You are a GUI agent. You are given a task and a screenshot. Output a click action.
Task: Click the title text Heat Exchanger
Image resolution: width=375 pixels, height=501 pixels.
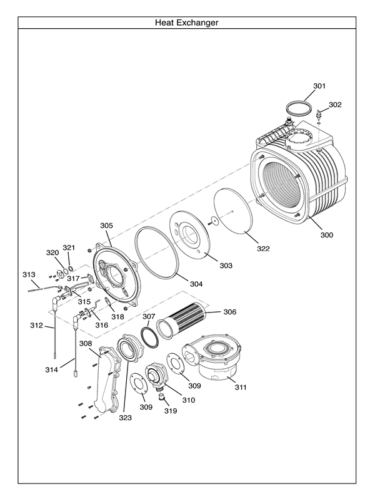[x=187, y=23]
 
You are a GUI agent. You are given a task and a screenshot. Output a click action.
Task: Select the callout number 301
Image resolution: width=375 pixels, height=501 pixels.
[x=319, y=85]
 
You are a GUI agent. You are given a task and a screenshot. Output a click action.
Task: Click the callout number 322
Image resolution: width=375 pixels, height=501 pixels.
[x=263, y=249]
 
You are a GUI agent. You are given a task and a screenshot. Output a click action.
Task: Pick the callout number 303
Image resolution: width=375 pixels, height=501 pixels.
[x=226, y=266]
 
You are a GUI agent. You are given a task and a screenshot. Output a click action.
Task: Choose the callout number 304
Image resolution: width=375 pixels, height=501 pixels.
[x=196, y=284]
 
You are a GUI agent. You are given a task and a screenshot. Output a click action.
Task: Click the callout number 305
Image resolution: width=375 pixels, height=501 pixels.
[x=107, y=225]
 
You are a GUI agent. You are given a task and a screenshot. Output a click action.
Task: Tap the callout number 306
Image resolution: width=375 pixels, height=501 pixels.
[x=230, y=312]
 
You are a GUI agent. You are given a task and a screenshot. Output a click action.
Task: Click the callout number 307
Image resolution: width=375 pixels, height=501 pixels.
[x=148, y=316]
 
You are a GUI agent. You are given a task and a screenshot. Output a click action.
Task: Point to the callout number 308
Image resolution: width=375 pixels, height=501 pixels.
[x=86, y=343]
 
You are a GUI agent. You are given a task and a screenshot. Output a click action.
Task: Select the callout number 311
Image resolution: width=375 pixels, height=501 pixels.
[x=241, y=387]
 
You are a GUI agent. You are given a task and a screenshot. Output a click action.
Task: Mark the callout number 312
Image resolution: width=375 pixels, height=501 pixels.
[x=36, y=325]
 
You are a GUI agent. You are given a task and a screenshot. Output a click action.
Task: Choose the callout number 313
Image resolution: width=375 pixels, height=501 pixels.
[x=29, y=274]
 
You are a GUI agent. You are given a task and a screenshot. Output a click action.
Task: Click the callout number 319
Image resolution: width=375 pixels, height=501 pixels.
[x=171, y=411]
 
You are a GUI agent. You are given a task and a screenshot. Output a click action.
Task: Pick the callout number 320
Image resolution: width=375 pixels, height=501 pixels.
[x=52, y=252]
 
